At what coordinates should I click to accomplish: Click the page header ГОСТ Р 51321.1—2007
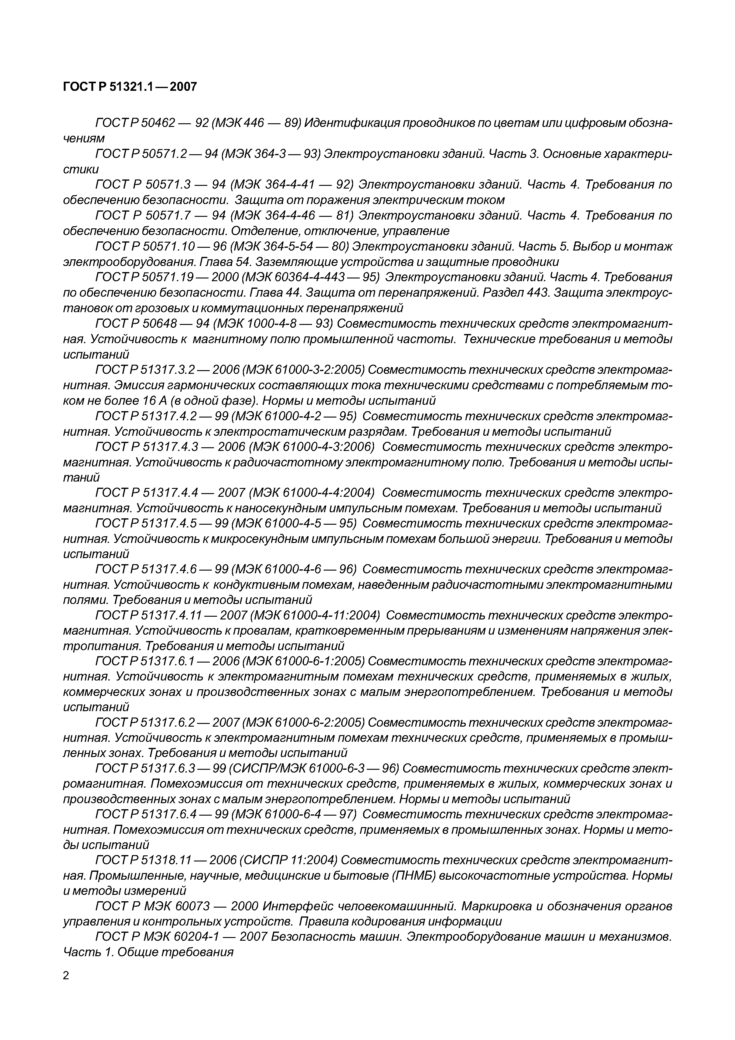(x=130, y=87)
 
